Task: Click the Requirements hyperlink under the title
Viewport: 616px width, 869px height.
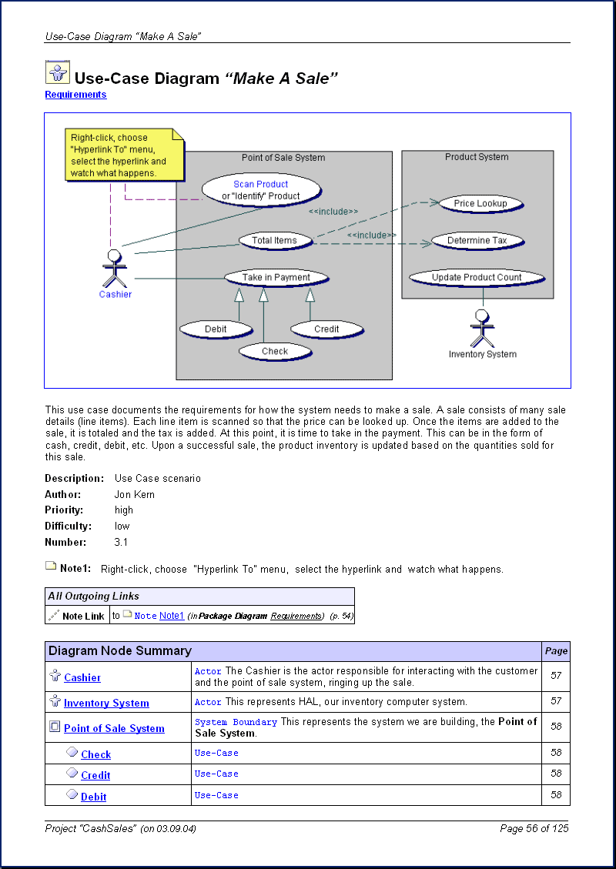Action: click(x=75, y=95)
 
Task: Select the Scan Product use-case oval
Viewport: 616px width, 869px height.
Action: click(x=260, y=189)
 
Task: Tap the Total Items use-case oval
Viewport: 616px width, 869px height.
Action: click(x=274, y=241)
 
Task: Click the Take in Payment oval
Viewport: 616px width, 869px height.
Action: click(x=276, y=278)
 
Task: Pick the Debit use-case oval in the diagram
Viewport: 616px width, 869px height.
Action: click(x=216, y=329)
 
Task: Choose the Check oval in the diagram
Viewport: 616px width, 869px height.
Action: click(x=274, y=352)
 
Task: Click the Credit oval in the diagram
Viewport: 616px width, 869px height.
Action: click(x=326, y=329)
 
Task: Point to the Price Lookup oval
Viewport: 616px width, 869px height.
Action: click(x=480, y=204)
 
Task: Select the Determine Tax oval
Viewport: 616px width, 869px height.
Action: click(x=477, y=241)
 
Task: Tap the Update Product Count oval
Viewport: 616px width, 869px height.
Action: click(x=477, y=278)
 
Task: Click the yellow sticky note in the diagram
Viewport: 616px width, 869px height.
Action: click(x=125, y=155)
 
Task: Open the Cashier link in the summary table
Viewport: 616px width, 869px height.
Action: click(x=82, y=678)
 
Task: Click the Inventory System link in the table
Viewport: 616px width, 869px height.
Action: click(x=106, y=704)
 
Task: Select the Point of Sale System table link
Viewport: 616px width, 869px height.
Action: click(x=114, y=729)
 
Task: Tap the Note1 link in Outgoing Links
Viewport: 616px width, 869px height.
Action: click(x=172, y=616)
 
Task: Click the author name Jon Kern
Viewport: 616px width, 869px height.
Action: click(x=134, y=495)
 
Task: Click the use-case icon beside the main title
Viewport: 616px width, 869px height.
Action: click(x=57, y=72)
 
